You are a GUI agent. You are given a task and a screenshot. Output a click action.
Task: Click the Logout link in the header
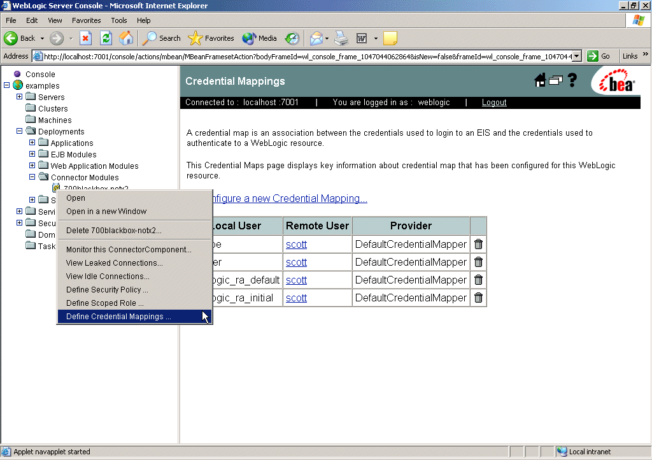point(494,102)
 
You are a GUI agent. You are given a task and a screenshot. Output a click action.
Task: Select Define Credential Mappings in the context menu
point(118,317)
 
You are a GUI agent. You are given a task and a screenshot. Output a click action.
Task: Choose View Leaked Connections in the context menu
point(114,263)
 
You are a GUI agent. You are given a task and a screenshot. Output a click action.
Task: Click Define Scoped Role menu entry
point(105,303)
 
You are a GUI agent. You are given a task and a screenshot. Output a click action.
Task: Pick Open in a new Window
point(106,212)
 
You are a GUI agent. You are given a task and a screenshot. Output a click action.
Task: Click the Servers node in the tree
point(51,97)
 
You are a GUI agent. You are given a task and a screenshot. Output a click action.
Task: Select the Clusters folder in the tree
point(53,109)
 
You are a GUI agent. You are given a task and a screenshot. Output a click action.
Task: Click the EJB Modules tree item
point(73,155)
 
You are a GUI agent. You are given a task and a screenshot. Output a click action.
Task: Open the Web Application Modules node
point(94,166)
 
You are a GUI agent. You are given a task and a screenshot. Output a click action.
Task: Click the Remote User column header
point(317,226)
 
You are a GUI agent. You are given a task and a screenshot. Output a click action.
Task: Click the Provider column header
point(411,226)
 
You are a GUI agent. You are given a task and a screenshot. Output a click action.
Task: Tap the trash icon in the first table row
point(478,244)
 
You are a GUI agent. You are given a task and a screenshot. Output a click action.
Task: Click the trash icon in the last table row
point(478,298)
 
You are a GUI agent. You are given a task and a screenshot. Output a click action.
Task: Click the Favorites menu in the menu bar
point(86,20)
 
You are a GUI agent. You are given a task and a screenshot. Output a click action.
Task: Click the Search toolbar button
point(162,38)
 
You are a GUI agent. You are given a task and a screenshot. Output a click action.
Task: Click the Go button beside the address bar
point(599,56)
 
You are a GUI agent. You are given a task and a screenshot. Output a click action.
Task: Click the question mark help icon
point(572,80)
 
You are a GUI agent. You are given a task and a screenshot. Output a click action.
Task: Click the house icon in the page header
point(540,80)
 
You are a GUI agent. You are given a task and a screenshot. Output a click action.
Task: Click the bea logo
point(616,82)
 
